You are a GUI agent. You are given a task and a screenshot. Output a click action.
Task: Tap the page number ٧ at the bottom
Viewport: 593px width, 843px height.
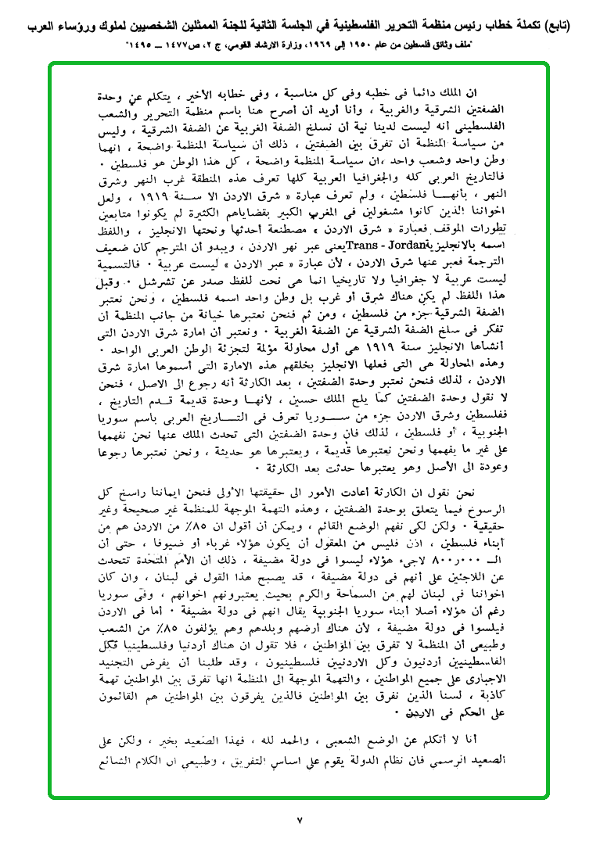point(298,820)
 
